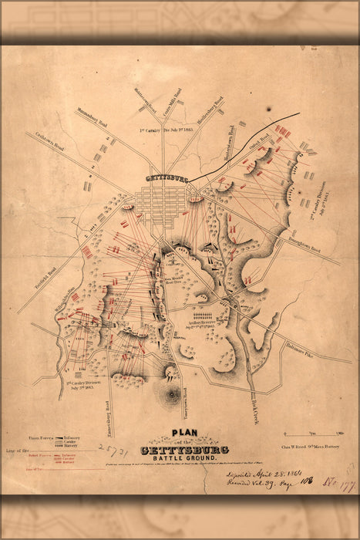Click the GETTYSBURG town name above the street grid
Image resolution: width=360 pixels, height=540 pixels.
[x=167, y=177]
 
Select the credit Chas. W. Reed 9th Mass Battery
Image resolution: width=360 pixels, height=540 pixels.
[x=298, y=448]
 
